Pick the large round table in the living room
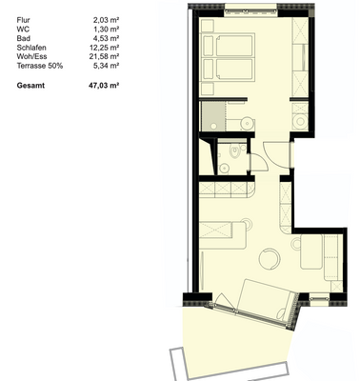point(270,258)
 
